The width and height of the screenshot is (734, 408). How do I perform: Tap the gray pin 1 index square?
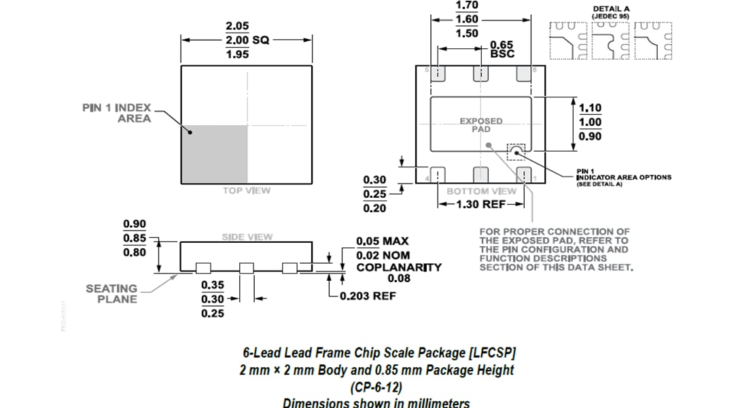[214, 154]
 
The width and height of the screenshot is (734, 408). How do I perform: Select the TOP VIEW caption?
[246, 190]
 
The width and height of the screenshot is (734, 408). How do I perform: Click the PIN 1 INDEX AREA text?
[116, 113]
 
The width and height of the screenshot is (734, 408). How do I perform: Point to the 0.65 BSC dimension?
[502, 49]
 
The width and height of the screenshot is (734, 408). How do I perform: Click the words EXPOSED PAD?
[480, 125]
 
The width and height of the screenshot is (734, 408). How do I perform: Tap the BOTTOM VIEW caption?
[481, 191]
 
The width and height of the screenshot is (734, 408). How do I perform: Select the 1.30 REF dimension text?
[481, 203]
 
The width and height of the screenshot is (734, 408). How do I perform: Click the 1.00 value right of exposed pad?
[589, 122]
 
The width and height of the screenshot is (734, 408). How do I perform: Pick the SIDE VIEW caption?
[247, 237]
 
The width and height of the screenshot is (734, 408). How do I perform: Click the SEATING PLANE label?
[111, 294]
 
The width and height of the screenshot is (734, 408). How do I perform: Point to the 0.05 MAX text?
[383, 241]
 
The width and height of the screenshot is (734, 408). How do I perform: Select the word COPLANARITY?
[399, 267]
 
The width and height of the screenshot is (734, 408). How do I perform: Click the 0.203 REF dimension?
[367, 296]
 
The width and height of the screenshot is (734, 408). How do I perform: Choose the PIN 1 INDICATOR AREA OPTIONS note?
[623, 177]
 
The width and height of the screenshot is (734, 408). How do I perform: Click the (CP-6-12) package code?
[376, 387]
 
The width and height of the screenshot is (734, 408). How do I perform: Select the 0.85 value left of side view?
[134, 238]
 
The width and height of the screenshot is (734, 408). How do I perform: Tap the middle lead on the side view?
[247, 268]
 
